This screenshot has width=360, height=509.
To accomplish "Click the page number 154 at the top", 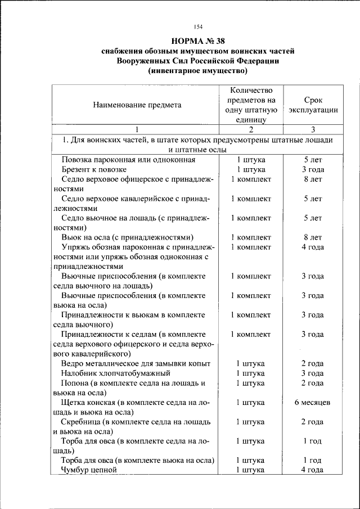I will coord(198,26).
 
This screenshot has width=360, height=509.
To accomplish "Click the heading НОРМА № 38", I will coord(197,40).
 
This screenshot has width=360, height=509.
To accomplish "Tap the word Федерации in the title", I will coord(254,61).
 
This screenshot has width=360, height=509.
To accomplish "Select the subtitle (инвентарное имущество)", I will coord(197,71).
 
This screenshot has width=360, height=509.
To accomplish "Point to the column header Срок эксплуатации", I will coord(313,105).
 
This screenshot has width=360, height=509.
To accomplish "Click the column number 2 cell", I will coord(251,129).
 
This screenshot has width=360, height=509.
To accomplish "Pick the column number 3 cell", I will coord(313,129).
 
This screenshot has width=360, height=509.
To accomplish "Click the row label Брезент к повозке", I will coord(94,169).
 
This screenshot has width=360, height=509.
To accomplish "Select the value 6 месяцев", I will coord(313,403).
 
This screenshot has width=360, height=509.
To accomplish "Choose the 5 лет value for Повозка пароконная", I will coord(313,160).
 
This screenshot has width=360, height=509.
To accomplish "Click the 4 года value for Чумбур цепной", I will coord(313,470).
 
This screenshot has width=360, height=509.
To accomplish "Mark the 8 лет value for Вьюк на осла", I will coord(313,237).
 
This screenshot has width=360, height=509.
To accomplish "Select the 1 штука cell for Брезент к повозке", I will coord(251,169).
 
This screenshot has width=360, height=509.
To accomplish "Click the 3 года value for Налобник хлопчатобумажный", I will coord(313,373).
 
